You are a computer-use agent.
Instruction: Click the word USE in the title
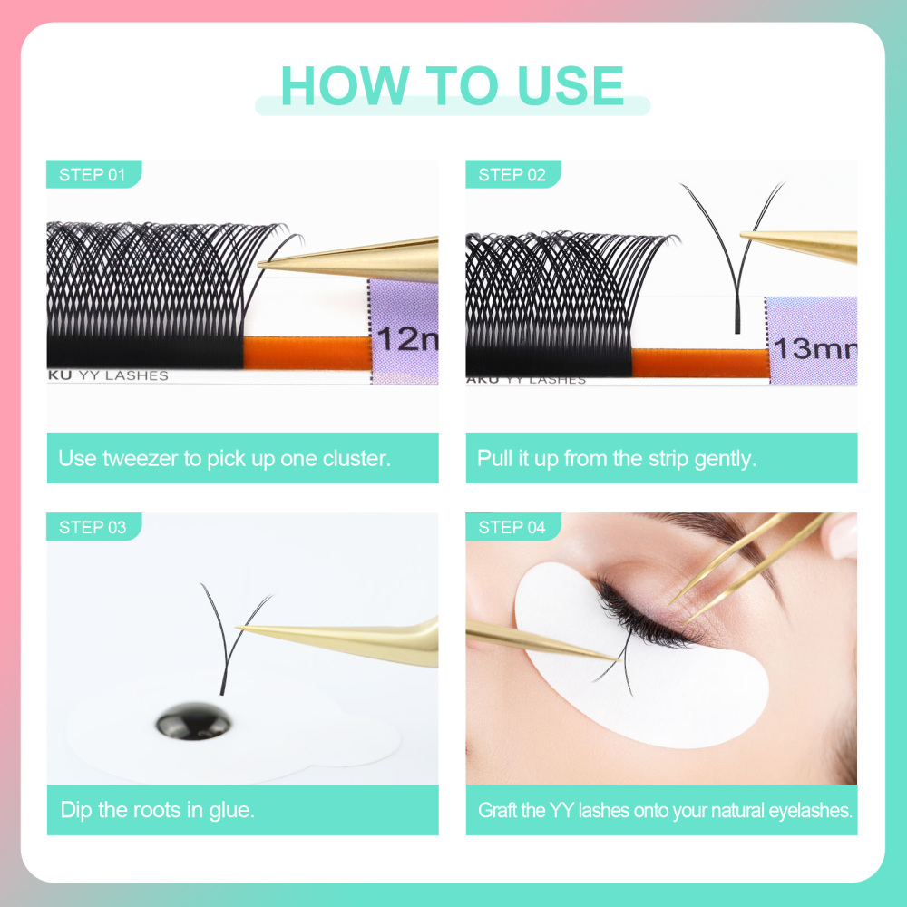click(x=571, y=85)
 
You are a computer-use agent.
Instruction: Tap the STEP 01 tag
click(x=93, y=175)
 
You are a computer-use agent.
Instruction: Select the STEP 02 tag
click(x=512, y=175)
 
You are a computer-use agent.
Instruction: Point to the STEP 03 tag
click(x=93, y=527)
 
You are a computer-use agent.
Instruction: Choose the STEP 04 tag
click(x=512, y=527)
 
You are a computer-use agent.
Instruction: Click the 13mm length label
click(x=813, y=347)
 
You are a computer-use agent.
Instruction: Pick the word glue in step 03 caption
click(x=230, y=809)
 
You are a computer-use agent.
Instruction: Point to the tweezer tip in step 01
click(x=263, y=264)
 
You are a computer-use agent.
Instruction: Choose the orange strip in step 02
click(x=699, y=363)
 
